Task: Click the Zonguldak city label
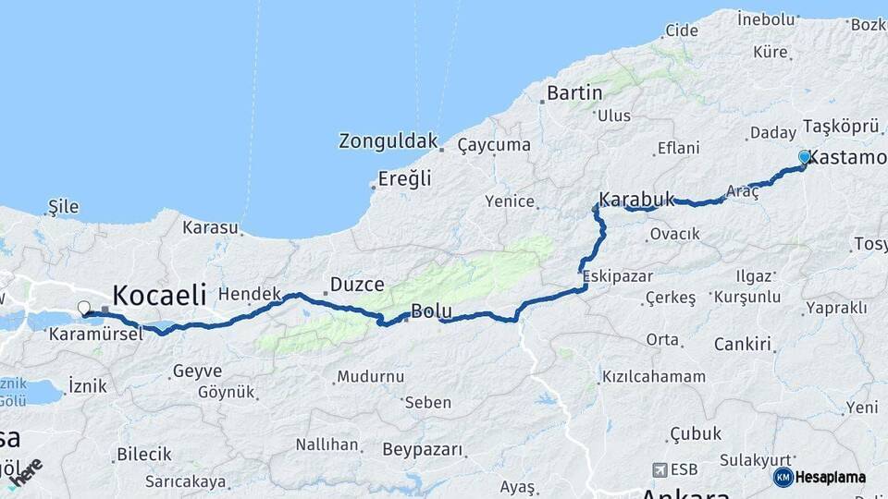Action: tap(388, 141)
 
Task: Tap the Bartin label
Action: tap(574, 92)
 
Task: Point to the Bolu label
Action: tap(431, 310)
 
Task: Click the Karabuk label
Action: tap(636, 199)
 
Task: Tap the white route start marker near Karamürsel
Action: tap(84, 308)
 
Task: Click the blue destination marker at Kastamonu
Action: tap(805, 158)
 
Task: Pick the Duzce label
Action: tap(357, 285)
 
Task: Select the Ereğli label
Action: tap(405, 179)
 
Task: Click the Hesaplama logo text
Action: tap(831, 477)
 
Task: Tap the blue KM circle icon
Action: tap(783, 477)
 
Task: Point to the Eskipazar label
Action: tap(618, 275)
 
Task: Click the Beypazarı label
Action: tap(422, 449)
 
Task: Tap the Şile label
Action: tap(63, 206)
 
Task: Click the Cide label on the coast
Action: tap(681, 30)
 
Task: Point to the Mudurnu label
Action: tap(370, 376)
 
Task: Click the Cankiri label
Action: tap(742, 344)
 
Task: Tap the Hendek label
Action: tap(249, 294)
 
